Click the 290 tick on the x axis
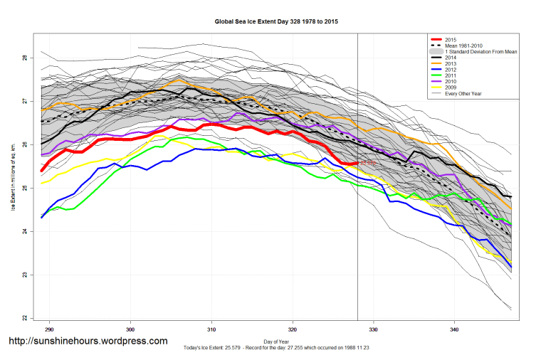(x=50, y=330)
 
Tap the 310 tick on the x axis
(x=211, y=330)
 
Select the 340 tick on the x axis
(x=454, y=330)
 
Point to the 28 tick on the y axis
(x=23, y=58)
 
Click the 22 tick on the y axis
(x=23, y=317)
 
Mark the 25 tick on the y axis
(x=23, y=188)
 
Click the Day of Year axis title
(x=276, y=341)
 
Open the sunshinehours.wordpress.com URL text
(x=88, y=342)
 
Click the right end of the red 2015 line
(x=357, y=163)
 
